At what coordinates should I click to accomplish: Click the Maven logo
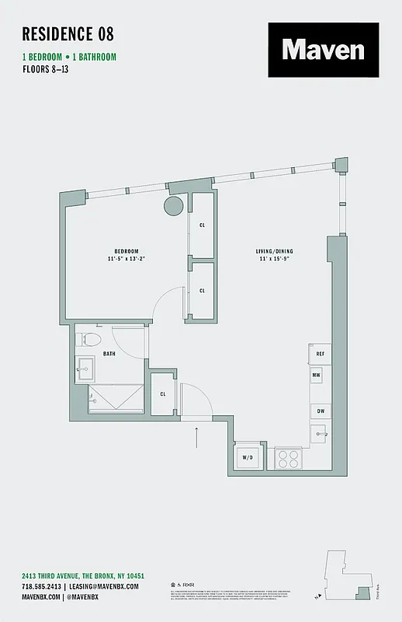[x=324, y=50]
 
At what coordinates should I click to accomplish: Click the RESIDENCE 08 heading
[x=68, y=33]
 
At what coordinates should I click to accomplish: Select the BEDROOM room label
[x=126, y=250]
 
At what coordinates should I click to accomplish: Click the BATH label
[x=109, y=354]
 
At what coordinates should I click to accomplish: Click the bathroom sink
[x=85, y=365]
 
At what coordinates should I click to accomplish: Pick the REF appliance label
[x=319, y=354]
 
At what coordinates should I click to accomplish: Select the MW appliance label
[x=317, y=376]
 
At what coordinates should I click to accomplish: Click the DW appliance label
[x=319, y=411]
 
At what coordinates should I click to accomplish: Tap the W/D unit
[x=248, y=457]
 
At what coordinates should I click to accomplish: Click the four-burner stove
[x=289, y=457]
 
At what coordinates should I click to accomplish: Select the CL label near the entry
[x=163, y=393]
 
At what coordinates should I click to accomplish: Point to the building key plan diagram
[x=347, y=575]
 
